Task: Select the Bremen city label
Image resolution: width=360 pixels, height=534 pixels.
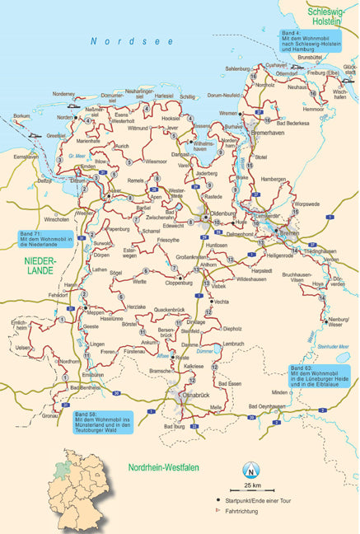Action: pyautogui.click(x=290, y=233)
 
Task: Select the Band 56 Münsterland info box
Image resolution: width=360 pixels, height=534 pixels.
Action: pyautogui.click(x=104, y=420)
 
